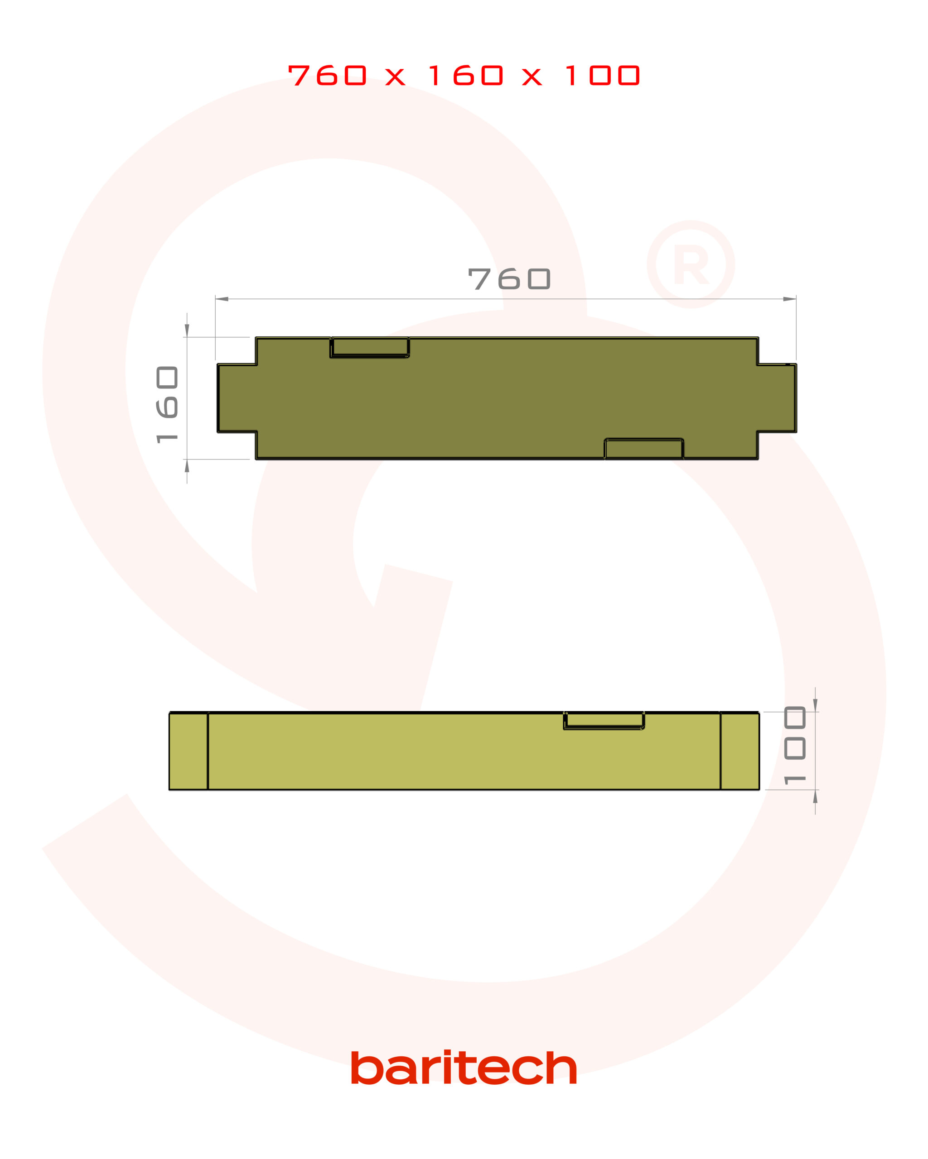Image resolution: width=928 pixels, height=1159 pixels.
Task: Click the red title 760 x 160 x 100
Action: [x=464, y=75]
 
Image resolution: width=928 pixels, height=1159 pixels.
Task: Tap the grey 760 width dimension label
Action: [x=509, y=278]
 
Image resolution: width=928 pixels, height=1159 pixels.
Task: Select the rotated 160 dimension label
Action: [x=167, y=405]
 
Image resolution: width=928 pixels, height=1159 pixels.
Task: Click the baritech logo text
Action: [x=464, y=1068]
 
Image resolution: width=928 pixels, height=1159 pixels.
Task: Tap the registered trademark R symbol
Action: [x=691, y=264]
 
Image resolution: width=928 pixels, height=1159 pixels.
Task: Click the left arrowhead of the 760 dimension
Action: [x=222, y=299]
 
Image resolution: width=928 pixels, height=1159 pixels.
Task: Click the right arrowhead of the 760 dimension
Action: [x=789, y=299]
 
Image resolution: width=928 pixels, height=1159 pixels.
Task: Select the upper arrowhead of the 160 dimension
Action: [x=187, y=330]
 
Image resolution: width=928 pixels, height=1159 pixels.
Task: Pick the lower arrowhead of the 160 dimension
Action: [x=187, y=465]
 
